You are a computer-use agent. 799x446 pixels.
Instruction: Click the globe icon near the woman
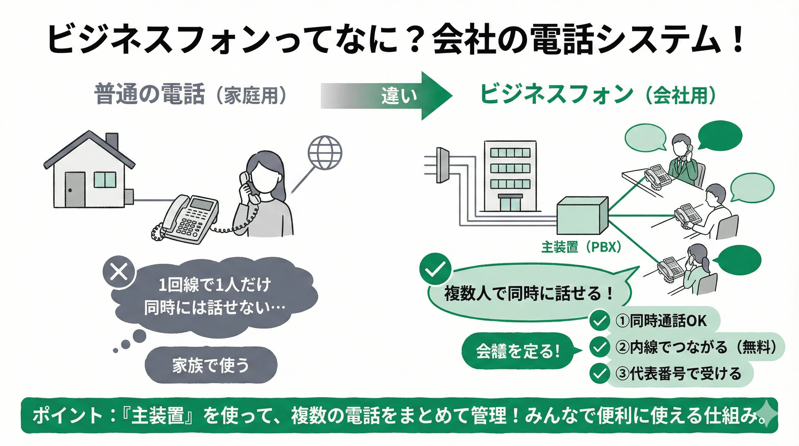325,153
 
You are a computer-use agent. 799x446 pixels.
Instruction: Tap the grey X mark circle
119,273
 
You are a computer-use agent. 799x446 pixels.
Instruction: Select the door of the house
75,190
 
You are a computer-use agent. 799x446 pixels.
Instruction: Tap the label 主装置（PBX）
581,247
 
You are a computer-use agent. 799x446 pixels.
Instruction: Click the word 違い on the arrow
399,96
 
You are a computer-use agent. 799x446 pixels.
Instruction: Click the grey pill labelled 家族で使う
211,365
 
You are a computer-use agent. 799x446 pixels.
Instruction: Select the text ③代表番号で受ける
678,374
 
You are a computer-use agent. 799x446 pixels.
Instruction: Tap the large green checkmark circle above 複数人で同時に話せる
435,269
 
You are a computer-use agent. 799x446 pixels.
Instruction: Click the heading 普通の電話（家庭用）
190,94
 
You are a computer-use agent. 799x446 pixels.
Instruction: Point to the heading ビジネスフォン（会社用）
597,94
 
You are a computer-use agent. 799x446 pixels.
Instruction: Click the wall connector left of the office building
442,165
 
